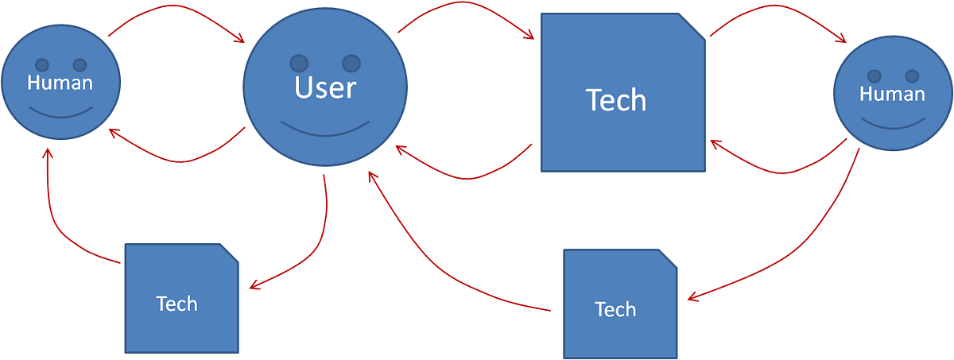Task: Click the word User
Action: coord(325,87)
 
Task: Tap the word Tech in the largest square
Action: coord(616,100)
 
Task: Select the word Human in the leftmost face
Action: coord(60,82)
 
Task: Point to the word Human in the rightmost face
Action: coord(893,94)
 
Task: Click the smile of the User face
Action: coord(325,130)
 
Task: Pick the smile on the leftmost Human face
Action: coord(60,111)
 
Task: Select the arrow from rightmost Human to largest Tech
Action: coord(779,169)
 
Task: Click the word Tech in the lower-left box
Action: coord(176,304)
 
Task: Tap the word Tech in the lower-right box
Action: coord(615,309)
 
